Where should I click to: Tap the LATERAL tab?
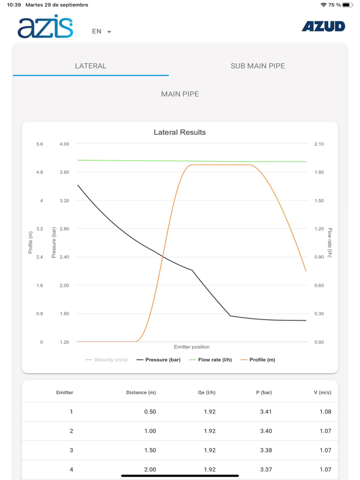91,66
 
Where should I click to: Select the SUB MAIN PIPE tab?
258,66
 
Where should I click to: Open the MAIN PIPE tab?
179,94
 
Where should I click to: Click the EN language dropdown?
101,31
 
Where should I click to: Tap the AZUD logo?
323,27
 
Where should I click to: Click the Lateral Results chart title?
179,132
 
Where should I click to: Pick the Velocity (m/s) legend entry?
106,360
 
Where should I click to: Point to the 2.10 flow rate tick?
319,144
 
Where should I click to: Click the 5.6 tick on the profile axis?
40,144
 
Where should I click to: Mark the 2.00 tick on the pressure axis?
64,285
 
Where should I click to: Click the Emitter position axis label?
192,347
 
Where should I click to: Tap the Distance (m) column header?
141,393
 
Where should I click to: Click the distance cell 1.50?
150,450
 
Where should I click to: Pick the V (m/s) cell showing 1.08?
325,412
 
